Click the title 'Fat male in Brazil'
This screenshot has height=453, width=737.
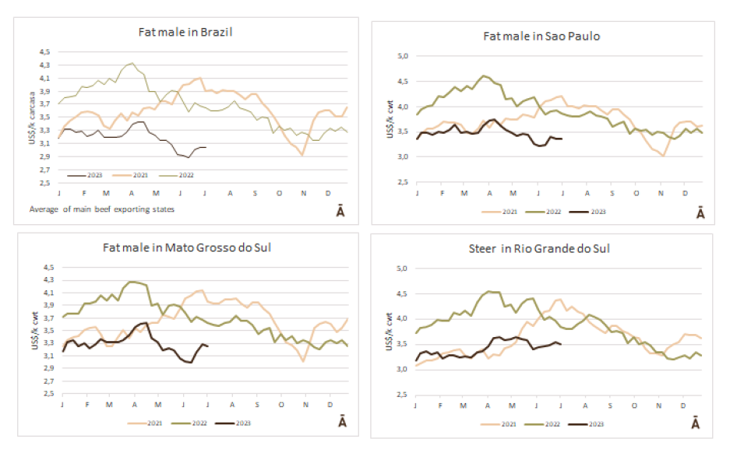[x=185, y=32]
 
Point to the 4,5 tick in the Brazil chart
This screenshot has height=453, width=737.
[x=45, y=52]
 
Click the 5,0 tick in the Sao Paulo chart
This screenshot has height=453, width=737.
[x=404, y=56]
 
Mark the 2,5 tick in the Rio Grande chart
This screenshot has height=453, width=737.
[x=404, y=395]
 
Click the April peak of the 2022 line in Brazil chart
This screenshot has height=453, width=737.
[x=132, y=63]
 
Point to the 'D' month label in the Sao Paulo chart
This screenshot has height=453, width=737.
[x=685, y=193]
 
